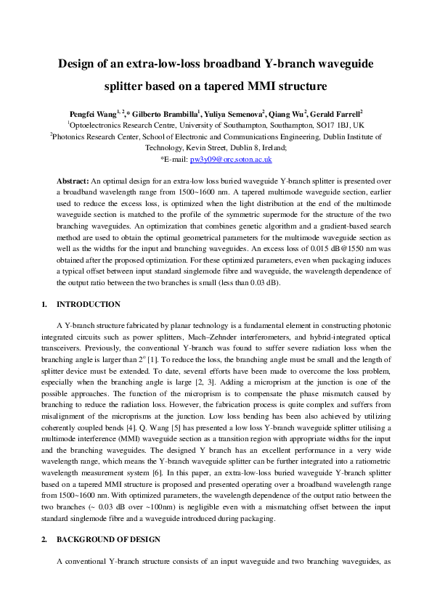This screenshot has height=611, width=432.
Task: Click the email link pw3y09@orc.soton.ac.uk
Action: click(x=230, y=158)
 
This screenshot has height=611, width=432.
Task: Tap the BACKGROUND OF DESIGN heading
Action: click(x=107, y=540)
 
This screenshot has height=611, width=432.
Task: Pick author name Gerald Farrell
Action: click(x=339, y=114)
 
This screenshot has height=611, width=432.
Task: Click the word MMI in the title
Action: click(x=260, y=87)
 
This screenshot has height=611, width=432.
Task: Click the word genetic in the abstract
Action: click(x=233, y=224)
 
